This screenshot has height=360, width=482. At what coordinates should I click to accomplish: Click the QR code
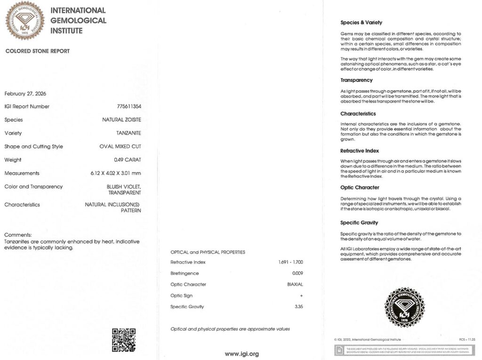click(x=124, y=340)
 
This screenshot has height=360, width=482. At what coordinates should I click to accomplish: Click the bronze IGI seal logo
click(x=24, y=20)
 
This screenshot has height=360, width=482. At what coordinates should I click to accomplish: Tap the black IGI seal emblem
click(x=404, y=307)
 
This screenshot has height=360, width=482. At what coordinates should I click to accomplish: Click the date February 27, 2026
click(x=25, y=93)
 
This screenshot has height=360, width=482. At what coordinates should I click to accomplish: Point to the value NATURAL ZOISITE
click(x=121, y=120)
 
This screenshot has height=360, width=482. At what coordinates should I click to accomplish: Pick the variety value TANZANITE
click(x=129, y=133)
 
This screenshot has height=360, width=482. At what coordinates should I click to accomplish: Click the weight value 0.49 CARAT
click(x=127, y=160)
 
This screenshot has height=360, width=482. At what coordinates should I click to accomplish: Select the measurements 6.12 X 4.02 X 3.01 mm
click(x=116, y=173)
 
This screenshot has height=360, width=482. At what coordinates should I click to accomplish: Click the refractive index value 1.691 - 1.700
click(x=291, y=262)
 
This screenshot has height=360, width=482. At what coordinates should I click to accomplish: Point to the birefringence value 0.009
click(x=297, y=273)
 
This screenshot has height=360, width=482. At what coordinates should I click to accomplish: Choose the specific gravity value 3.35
click(x=298, y=307)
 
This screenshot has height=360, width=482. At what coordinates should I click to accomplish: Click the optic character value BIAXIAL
click(x=295, y=284)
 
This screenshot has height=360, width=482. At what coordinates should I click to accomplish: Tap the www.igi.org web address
click(x=241, y=354)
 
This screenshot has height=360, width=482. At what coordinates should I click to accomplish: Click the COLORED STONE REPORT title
click(x=38, y=51)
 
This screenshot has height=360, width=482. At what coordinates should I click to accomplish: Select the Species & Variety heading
click(x=361, y=23)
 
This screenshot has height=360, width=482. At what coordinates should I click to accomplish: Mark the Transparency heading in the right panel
click(x=356, y=80)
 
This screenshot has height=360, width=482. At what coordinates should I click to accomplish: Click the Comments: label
click(x=18, y=235)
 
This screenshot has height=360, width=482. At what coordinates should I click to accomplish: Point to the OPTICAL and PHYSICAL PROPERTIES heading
click(x=208, y=252)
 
